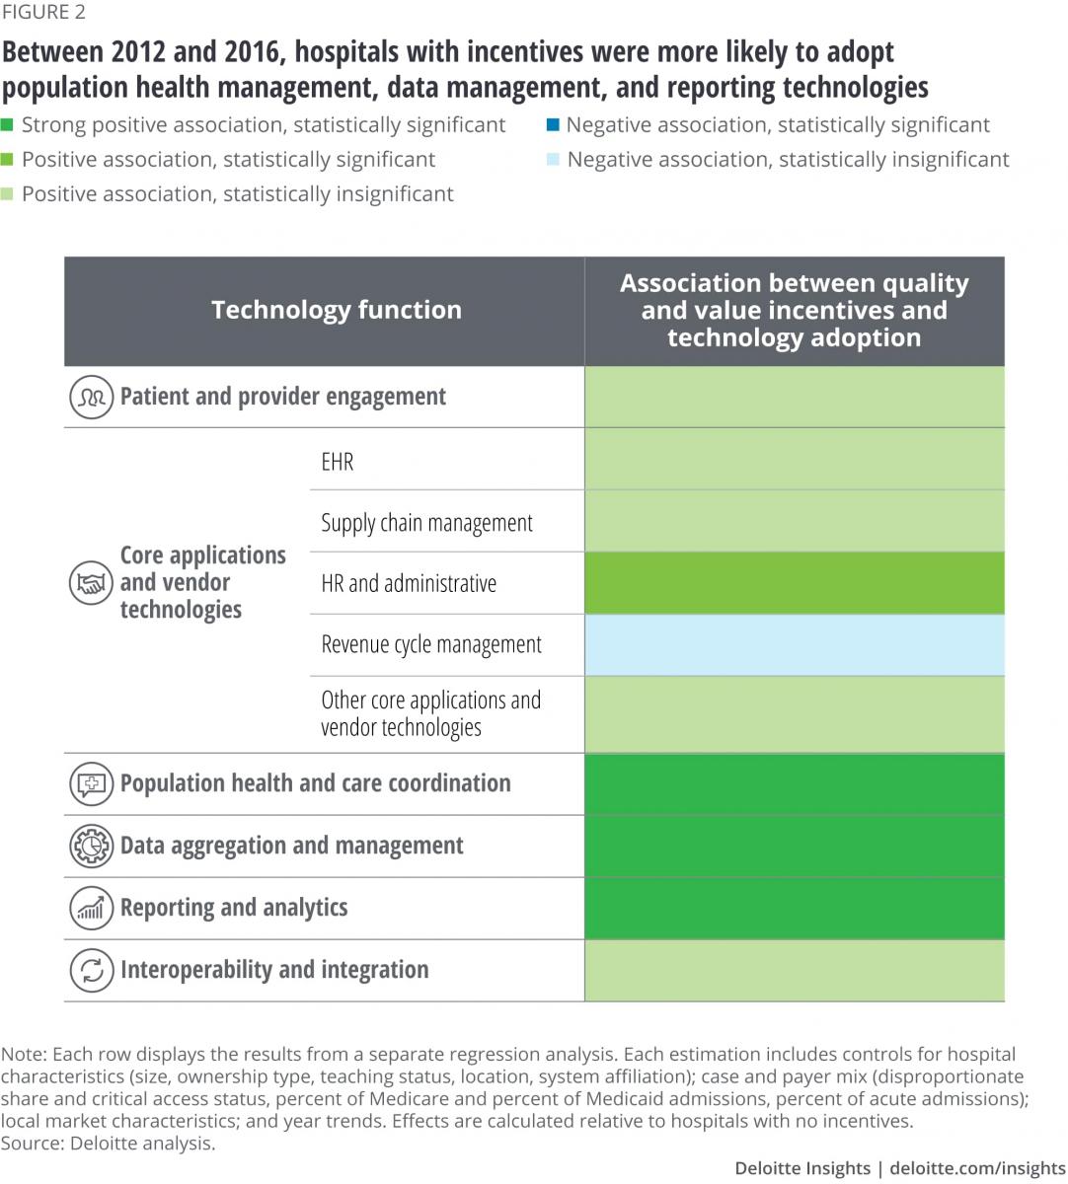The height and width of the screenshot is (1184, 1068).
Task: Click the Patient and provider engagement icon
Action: pos(91,397)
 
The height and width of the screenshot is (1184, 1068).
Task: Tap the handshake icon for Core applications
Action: pos(91,582)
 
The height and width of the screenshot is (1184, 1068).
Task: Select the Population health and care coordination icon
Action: pos(91,784)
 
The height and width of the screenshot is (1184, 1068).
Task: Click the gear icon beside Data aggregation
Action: pos(91,846)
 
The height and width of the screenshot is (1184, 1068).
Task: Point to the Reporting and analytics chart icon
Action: pos(91,908)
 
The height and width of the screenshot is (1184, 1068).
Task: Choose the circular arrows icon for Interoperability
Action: pos(91,970)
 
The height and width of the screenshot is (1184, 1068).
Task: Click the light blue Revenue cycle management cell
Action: pos(795,645)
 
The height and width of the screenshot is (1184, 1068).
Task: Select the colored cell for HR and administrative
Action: pos(795,583)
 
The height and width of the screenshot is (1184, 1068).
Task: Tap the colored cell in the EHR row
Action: pos(795,460)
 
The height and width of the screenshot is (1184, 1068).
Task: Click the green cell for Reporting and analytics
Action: pos(795,908)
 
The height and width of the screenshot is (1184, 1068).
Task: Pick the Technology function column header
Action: pos(336,310)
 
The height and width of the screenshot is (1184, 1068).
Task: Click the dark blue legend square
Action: pos(554,125)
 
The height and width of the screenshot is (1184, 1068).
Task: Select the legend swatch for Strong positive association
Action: pos(8,125)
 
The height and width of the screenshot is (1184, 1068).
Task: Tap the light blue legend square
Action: pos(554,160)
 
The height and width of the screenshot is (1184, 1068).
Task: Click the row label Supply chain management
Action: pos(426,523)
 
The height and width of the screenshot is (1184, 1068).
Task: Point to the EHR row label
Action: pos(338,462)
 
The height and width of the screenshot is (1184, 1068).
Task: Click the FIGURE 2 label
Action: pos(43,12)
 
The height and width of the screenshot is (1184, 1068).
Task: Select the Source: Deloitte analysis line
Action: pos(108,1144)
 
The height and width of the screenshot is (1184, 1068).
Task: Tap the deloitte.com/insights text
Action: pos(977,1168)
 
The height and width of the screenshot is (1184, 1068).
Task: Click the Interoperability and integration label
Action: pos(274,970)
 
